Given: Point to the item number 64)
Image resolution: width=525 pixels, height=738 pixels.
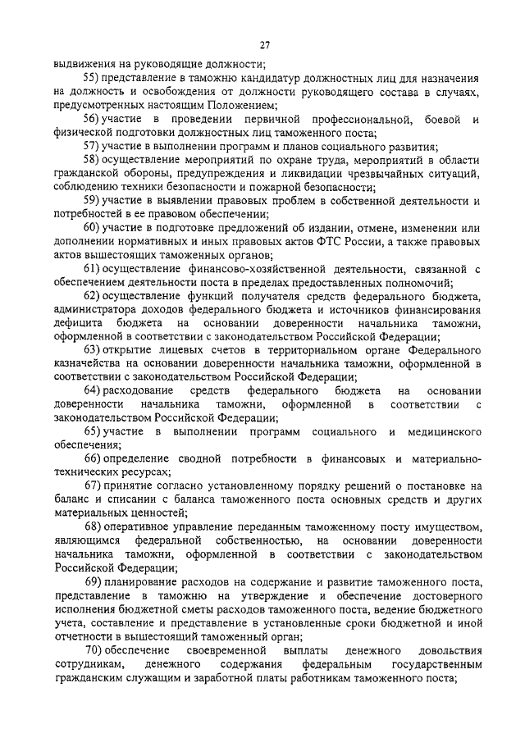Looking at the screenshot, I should (93, 390).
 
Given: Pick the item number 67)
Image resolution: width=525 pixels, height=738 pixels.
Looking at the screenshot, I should (93, 485).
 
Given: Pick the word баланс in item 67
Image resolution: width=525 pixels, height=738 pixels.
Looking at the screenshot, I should (72, 499).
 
